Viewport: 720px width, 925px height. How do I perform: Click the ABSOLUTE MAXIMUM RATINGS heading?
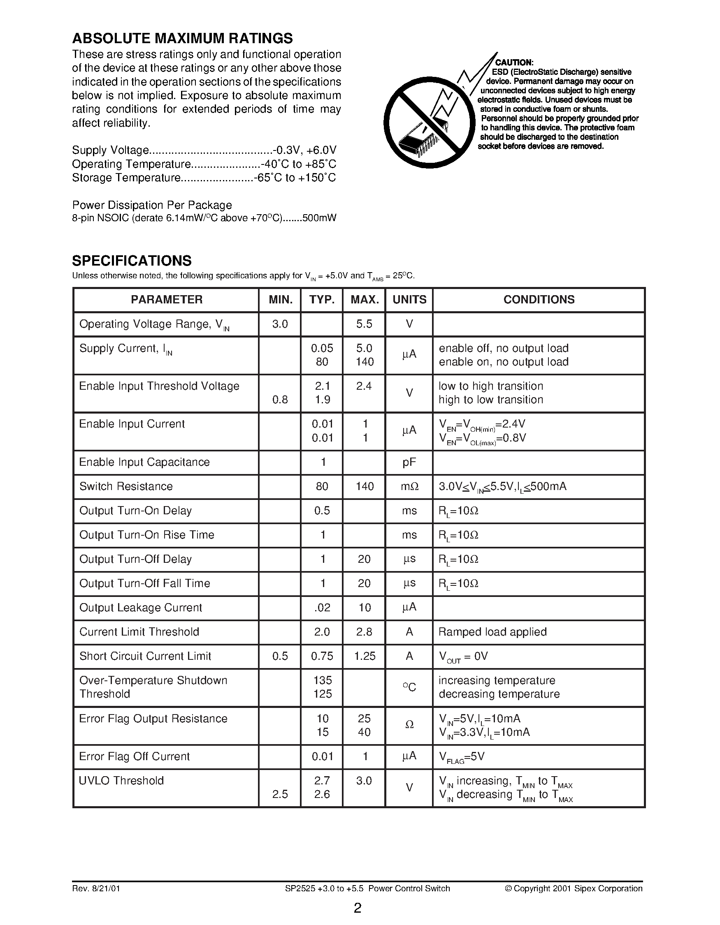182,39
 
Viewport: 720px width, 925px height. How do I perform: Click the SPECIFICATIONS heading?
132,261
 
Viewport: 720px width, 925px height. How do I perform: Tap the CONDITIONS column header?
539,299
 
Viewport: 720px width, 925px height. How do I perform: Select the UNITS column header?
409,299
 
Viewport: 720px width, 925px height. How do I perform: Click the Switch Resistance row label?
126,486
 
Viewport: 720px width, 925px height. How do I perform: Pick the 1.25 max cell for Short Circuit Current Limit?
365,656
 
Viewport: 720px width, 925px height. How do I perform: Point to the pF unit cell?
409,462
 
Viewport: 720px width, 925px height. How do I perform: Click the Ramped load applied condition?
492,632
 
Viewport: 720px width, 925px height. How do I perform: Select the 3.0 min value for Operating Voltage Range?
280,324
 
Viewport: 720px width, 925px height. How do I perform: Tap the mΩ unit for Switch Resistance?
409,486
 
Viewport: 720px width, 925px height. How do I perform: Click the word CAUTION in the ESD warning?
514,62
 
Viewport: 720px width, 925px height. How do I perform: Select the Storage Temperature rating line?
204,178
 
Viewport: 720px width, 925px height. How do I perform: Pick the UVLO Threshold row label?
121,781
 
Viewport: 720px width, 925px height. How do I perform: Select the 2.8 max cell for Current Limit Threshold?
365,632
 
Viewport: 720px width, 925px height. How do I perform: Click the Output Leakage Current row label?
140,608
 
